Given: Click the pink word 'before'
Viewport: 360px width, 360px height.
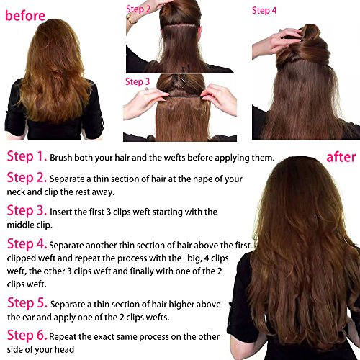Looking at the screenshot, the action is (x=25, y=16).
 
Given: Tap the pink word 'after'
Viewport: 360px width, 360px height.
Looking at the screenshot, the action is (x=341, y=158).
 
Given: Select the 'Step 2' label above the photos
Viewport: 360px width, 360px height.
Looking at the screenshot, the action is (x=138, y=9).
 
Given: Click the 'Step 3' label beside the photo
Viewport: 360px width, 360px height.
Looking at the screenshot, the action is (x=138, y=82).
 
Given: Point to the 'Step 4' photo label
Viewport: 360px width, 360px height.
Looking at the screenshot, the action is (x=264, y=11).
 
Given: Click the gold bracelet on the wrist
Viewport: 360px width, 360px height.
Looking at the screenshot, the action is (x=131, y=18).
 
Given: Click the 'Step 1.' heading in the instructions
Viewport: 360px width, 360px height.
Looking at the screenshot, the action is (x=27, y=156).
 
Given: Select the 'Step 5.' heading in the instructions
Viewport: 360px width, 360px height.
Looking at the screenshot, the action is (x=27, y=303).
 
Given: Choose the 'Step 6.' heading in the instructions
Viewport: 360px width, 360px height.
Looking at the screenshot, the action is (x=27, y=335).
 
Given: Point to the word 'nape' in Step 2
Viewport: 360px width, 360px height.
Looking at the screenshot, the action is (x=203, y=180).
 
